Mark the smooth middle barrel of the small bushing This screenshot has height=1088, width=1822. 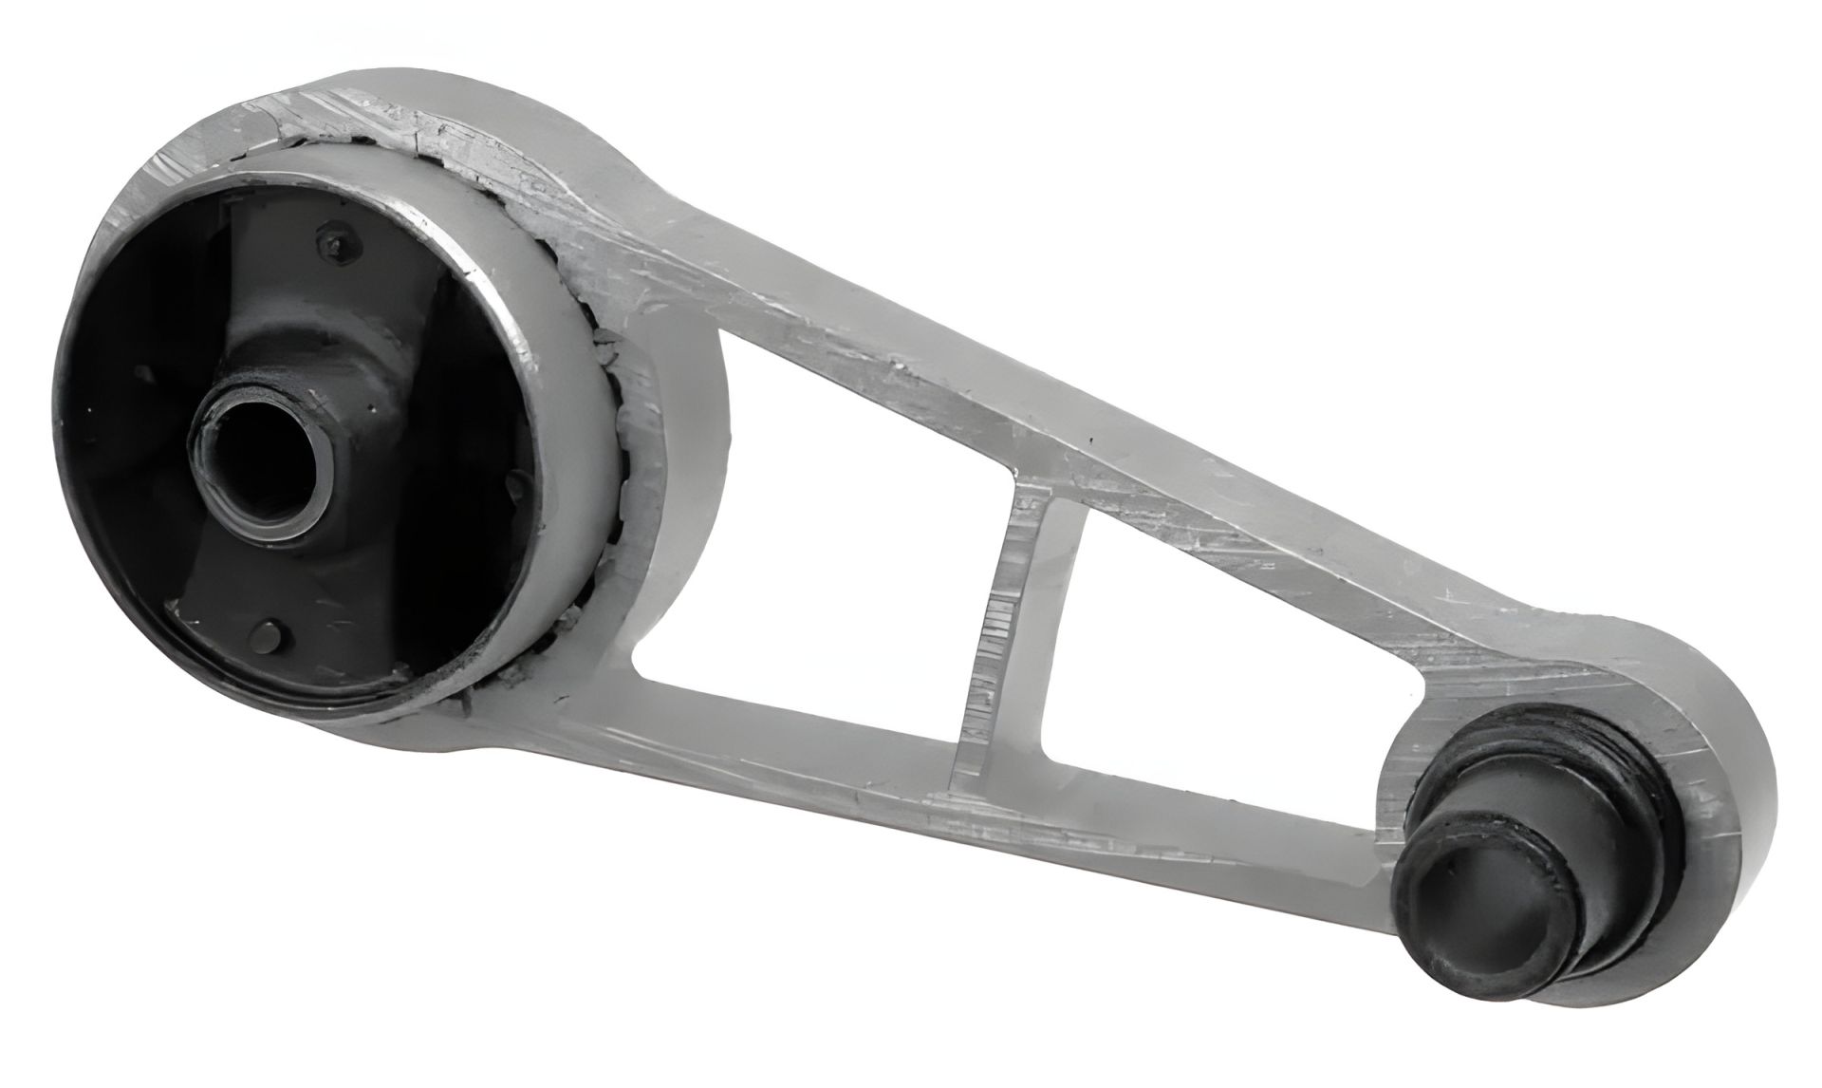1556,854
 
